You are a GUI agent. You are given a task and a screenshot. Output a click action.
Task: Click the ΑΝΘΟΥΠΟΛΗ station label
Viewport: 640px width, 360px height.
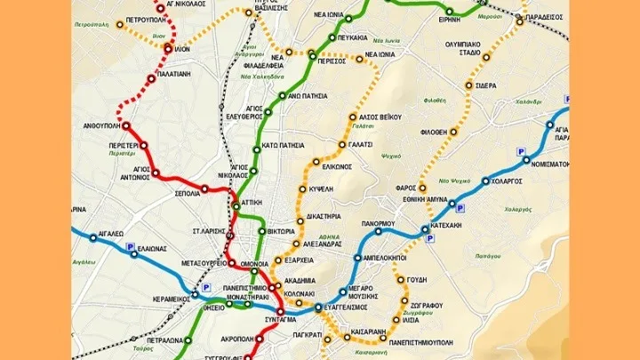96,126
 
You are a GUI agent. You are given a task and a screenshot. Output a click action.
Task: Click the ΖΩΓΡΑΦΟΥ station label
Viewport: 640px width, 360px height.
428,305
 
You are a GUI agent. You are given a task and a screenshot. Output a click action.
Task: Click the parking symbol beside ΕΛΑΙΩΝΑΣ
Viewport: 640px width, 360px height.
130,246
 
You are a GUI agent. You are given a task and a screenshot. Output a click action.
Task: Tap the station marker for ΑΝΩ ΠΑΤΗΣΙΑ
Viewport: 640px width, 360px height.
281,94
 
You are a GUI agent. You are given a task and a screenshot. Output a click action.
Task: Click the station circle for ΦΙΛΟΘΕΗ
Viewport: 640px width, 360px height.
453,132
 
